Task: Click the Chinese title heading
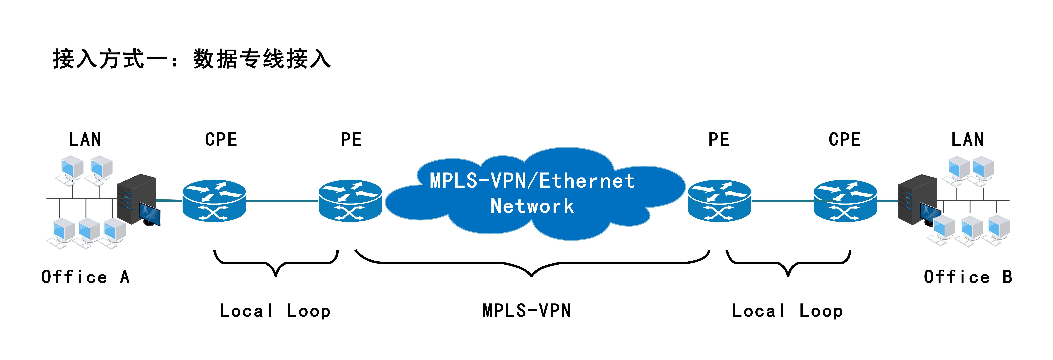click(x=191, y=59)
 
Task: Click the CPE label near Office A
click(x=221, y=139)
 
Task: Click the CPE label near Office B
click(x=845, y=139)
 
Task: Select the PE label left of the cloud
click(x=351, y=139)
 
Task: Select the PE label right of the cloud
click(x=719, y=139)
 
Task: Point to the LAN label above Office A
click(x=85, y=139)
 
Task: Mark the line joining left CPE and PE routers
click(x=282, y=201)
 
